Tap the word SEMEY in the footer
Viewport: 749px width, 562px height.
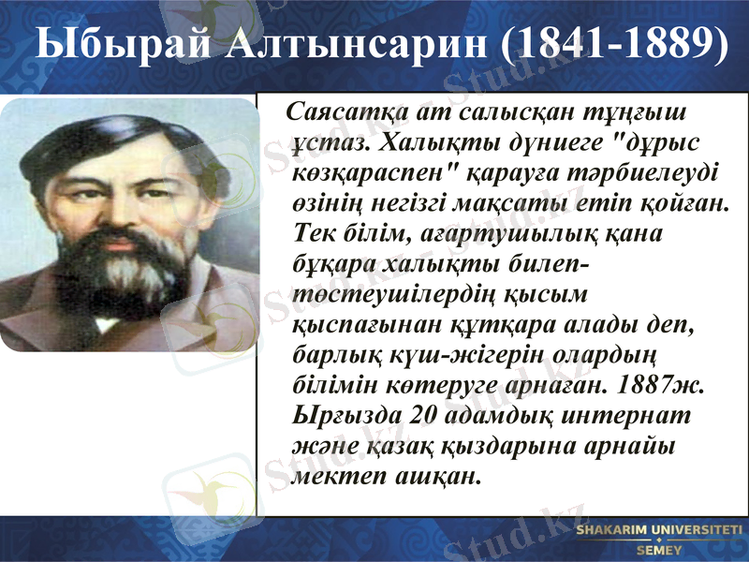(659, 550)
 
